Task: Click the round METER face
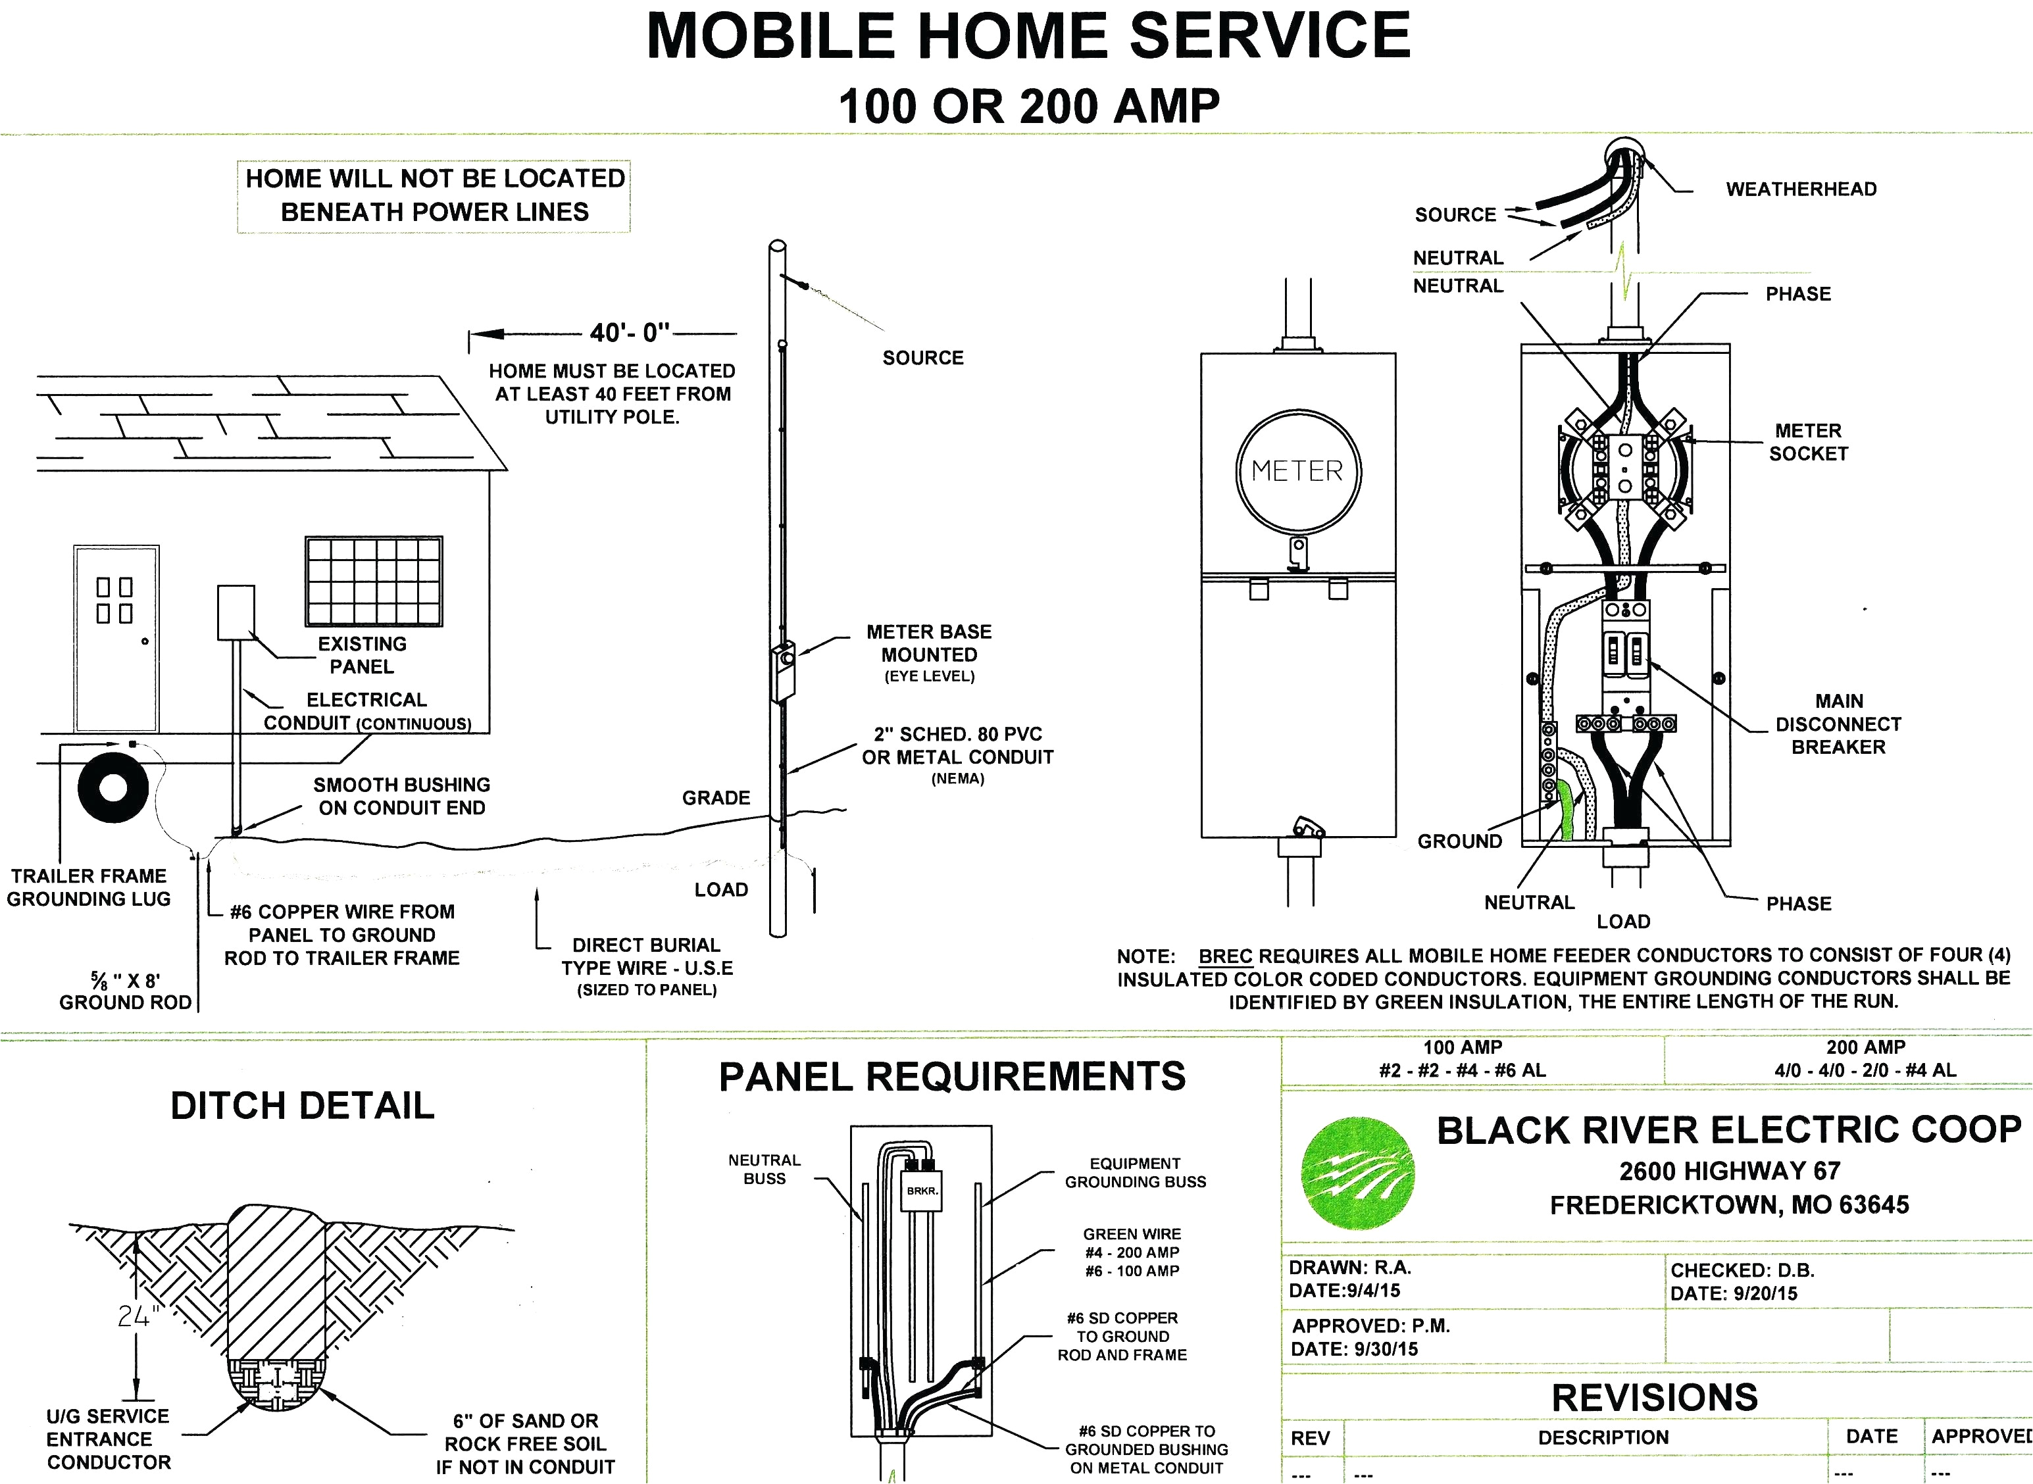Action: click(x=1298, y=472)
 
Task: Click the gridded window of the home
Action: click(x=374, y=581)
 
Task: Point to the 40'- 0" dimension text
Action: click(x=630, y=334)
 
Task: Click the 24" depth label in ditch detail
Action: click(x=138, y=1316)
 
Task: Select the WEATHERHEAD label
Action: click(x=1801, y=189)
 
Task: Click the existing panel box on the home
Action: click(x=236, y=612)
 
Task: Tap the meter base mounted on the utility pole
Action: click(x=782, y=671)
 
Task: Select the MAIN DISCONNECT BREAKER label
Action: click(x=1838, y=724)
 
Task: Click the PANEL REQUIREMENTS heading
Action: click(x=952, y=1076)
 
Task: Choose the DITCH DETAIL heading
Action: click(x=303, y=1106)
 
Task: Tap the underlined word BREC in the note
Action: click(x=1226, y=956)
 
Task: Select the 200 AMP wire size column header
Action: click(x=1866, y=1047)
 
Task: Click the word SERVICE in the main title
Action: click(x=1269, y=36)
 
